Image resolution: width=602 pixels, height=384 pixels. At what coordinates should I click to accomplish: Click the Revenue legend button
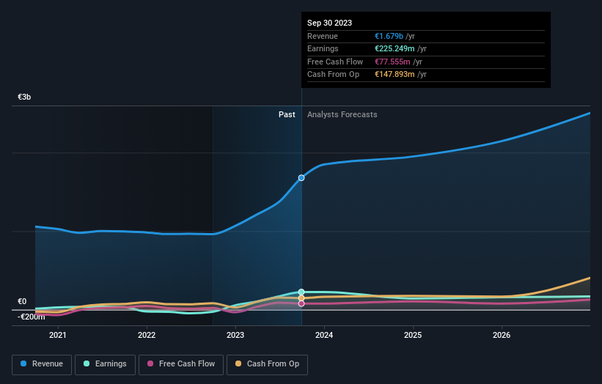point(42,363)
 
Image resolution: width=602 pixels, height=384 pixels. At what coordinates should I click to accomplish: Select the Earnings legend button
point(105,363)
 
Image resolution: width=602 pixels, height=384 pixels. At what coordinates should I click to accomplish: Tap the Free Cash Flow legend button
point(180,363)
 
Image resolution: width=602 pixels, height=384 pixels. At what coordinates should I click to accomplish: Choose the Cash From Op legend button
point(267,363)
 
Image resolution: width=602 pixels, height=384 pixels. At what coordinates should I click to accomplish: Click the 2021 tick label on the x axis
point(57,335)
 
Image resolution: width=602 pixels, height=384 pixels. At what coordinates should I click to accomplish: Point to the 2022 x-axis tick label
point(147,335)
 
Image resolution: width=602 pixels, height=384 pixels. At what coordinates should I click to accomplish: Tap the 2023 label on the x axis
point(235,335)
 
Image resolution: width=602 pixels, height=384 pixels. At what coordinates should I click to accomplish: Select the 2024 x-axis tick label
point(324,335)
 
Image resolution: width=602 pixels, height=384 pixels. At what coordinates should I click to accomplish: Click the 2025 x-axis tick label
point(413,335)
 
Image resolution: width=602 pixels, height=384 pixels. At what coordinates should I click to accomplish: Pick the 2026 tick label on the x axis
point(502,335)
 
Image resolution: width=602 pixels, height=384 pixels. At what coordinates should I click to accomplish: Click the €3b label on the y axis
point(25,97)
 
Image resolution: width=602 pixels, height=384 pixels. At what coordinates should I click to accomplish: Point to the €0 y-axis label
point(22,301)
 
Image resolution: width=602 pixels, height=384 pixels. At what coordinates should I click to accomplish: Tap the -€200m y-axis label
point(32,317)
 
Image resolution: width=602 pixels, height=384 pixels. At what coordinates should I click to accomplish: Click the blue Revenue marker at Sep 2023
point(301,178)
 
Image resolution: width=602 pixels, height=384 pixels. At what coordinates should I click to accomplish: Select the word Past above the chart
point(287,114)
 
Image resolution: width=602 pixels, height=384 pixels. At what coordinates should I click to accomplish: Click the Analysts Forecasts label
point(342,114)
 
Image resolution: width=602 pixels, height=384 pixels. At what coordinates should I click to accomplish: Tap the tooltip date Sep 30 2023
point(331,22)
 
